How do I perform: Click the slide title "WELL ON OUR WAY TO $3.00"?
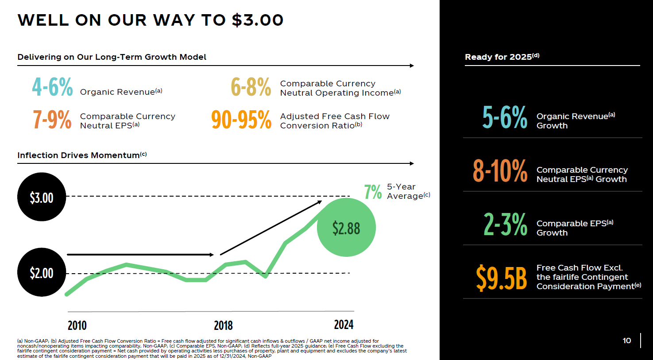tap(151, 20)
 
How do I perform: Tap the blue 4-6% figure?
tap(52, 87)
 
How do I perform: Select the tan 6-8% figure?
tap(251, 87)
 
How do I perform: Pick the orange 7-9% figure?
tap(52, 120)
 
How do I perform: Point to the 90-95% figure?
tap(241, 120)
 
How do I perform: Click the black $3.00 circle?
tap(42, 197)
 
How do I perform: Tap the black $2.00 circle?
tap(42, 272)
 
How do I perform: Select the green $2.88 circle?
tap(346, 228)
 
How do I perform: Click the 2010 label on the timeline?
tap(77, 325)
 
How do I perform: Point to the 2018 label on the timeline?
tap(223, 325)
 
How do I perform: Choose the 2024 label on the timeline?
tap(344, 325)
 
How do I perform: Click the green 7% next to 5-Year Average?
tap(373, 192)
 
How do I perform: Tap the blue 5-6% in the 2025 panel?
tap(505, 117)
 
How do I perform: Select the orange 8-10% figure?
tap(500, 171)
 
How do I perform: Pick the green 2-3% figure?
tap(505, 225)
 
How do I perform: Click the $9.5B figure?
tap(502, 278)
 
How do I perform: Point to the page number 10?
tap(627, 341)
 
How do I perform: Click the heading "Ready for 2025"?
tap(502, 57)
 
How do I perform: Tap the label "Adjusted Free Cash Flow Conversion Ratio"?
tap(335, 121)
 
